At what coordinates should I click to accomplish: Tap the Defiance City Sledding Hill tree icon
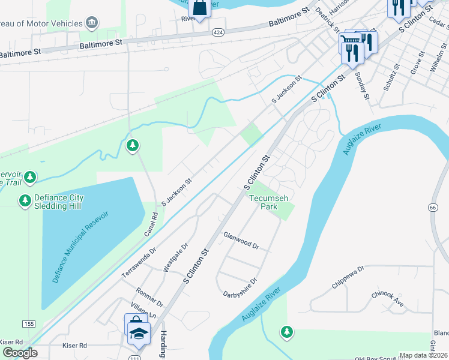(25, 201)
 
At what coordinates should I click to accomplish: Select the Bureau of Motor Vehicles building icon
(92, 23)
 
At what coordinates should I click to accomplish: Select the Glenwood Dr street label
(241, 241)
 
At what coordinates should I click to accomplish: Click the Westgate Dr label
(176, 258)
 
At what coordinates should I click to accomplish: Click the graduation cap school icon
(139, 333)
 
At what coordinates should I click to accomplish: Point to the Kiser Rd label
(75, 346)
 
